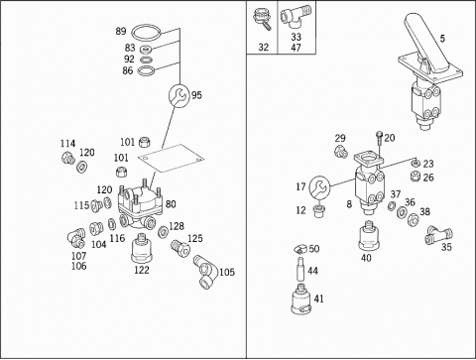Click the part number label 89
click(x=121, y=31)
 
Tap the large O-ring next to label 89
click(x=147, y=28)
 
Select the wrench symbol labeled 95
click(x=179, y=95)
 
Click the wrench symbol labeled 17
click(x=319, y=186)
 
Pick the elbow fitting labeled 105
click(x=205, y=272)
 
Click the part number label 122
click(x=142, y=270)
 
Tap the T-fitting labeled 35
click(x=439, y=235)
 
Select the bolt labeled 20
click(x=379, y=138)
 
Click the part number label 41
click(x=318, y=299)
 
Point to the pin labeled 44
click(x=300, y=269)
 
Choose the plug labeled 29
click(x=341, y=152)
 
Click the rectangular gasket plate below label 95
click(x=171, y=158)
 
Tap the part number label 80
click(x=171, y=204)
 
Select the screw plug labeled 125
click(x=180, y=248)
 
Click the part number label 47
click(x=296, y=48)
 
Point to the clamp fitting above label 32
click(x=263, y=19)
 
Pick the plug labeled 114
click(x=68, y=158)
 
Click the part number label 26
click(x=428, y=178)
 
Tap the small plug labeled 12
click(x=318, y=211)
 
